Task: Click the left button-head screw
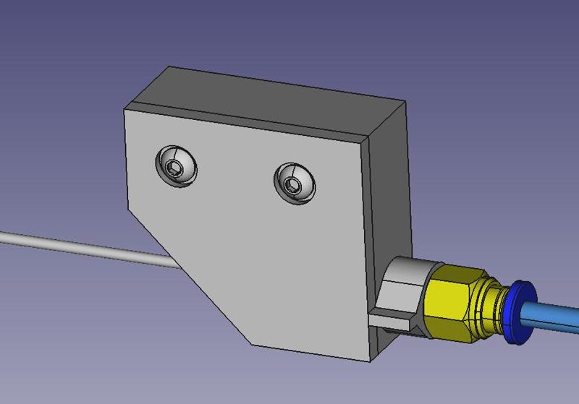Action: coord(176,167)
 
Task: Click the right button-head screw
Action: coord(295,183)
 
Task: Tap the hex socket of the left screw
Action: coord(175,170)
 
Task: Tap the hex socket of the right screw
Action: coord(292,186)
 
